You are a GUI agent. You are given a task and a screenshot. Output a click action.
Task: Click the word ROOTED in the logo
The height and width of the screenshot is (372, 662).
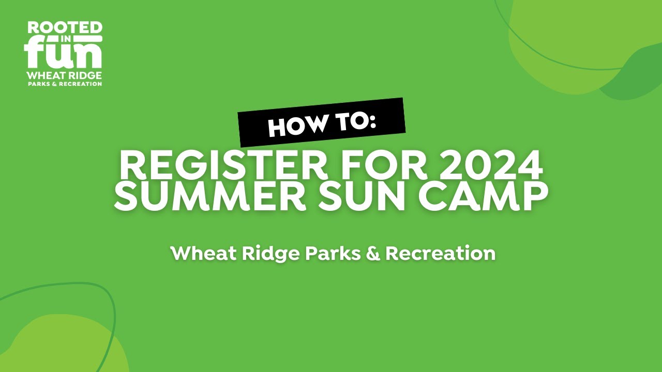pos(65,28)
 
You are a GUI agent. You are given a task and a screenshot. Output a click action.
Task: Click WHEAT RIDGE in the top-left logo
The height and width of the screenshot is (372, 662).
pos(64,75)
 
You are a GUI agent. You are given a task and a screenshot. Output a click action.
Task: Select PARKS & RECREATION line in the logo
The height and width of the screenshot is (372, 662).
pos(64,84)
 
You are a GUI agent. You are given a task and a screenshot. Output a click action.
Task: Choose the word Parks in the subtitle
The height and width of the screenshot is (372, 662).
pos(333,254)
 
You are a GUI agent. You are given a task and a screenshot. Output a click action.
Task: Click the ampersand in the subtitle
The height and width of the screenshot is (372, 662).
pos(373,254)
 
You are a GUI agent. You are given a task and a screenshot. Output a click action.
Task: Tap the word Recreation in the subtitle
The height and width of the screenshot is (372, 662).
pos(441,254)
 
